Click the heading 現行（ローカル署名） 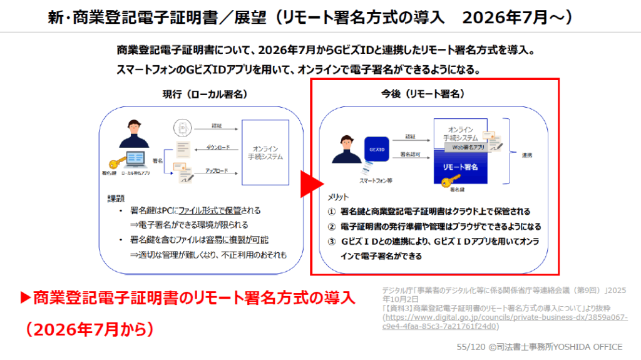click(204, 94)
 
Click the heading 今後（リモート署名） click(432, 94)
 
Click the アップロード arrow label click(217, 170)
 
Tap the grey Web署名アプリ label click(466, 148)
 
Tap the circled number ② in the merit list click(332, 226)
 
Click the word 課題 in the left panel click(115, 198)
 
